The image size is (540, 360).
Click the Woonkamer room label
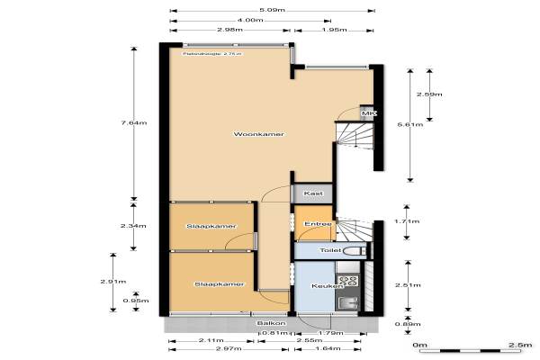pyautogui.click(x=258, y=134)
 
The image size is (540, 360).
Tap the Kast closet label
pyautogui.click(x=313, y=193)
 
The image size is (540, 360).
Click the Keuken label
pyautogui.click(x=325, y=286)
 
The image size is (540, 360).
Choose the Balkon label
pyautogui.click(x=270, y=323)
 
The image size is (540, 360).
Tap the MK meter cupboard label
pyautogui.click(x=366, y=114)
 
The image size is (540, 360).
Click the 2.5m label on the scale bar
pyautogui.click(x=517, y=345)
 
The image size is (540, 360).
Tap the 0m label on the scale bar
pyautogui.click(x=418, y=345)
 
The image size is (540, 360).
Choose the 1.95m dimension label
pyautogui.click(x=335, y=30)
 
